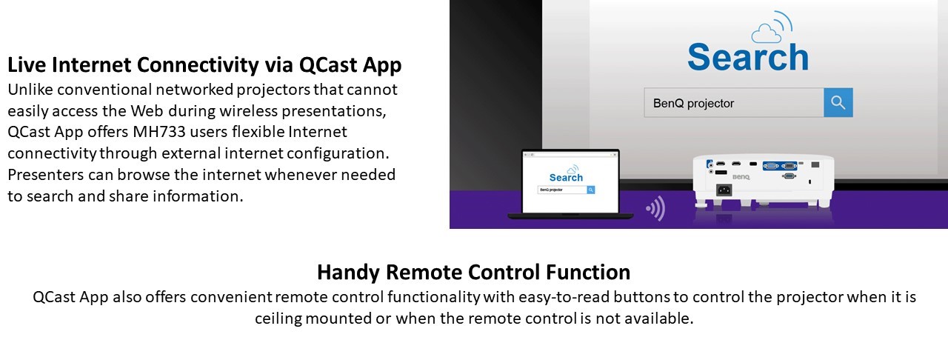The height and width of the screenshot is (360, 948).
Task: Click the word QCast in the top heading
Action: click(328, 64)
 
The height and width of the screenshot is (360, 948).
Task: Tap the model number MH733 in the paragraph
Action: click(159, 132)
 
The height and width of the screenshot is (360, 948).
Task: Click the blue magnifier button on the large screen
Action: click(838, 102)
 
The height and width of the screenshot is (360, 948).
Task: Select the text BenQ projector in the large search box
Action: click(693, 103)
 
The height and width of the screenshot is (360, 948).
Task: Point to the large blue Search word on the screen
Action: click(748, 57)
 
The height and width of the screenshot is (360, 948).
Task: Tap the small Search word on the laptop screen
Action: click(566, 178)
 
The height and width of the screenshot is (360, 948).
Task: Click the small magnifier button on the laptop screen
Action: click(591, 190)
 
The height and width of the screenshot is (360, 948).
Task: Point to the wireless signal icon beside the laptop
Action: click(655, 208)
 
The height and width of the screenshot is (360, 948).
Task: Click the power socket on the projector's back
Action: click(724, 190)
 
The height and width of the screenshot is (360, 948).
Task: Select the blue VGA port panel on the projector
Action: click(780, 166)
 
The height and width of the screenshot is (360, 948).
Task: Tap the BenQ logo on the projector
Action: click(741, 177)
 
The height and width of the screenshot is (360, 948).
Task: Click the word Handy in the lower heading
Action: click(348, 273)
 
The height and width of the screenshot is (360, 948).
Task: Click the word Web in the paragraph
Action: click(147, 111)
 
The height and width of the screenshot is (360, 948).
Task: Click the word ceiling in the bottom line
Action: click(278, 319)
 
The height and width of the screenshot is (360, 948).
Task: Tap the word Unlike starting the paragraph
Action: click(30, 90)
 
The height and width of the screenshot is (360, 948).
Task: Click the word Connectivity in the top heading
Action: click(198, 64)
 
